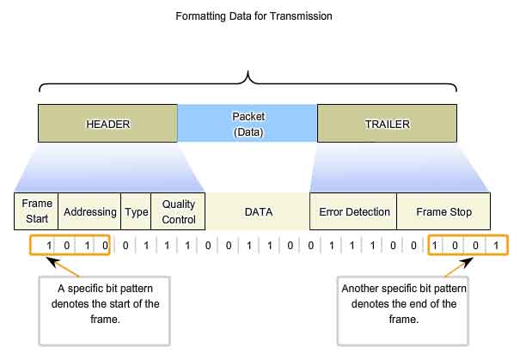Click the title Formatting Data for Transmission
click(254, 16)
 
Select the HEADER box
click(107, 124)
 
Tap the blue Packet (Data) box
click(248, 124)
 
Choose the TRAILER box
click(387, 124)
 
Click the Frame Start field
click(36, 211)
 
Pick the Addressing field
click(89, 211)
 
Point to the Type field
click(136, 211)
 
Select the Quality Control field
click(178, 211)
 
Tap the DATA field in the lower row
click(258, 211)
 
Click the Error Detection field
click(353, 211)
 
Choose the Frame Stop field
click(443, 211)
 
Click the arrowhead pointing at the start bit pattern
click(53, 262)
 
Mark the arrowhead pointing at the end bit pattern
click(467, 262)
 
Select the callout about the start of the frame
click(105, 310)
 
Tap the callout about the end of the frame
click(402, 310)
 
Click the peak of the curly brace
click(248, 71)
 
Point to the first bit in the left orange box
click(49, 246)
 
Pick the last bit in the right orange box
click(496, 246)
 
